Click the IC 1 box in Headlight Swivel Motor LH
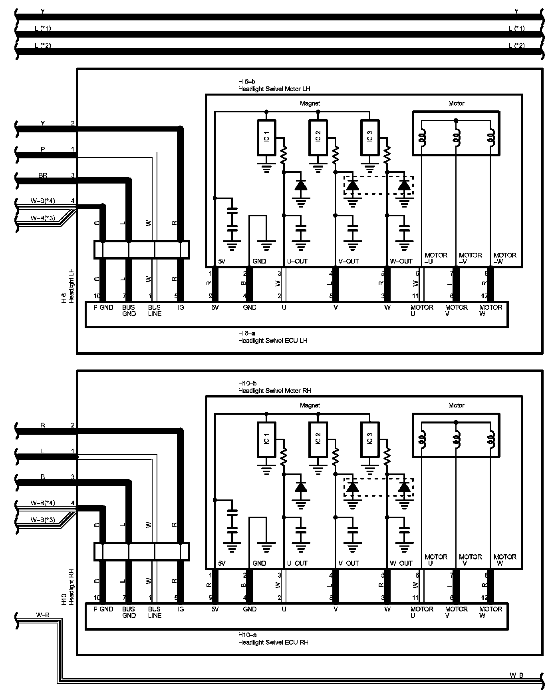(266, 138)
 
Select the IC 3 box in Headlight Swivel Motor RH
(369, 439)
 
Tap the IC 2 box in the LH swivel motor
(318, 138)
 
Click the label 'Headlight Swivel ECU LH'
(273, 340)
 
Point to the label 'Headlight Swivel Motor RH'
(275, 390)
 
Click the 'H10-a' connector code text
(247, 635)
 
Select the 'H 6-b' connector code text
(247, 82)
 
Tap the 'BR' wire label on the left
(43, 175)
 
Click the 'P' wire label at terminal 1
(43, 149)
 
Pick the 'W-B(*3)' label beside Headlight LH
(43, 218)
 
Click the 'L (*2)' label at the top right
(517, 45)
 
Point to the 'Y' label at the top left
(43, 11)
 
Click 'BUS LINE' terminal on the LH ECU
(155, 310)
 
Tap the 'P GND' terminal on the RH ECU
(103, 609)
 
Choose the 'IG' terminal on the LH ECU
(181, 307)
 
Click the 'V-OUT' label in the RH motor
(349, 563)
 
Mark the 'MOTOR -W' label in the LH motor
(505, 258)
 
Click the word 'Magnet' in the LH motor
(310, 103)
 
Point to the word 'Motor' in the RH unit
(456, 405)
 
